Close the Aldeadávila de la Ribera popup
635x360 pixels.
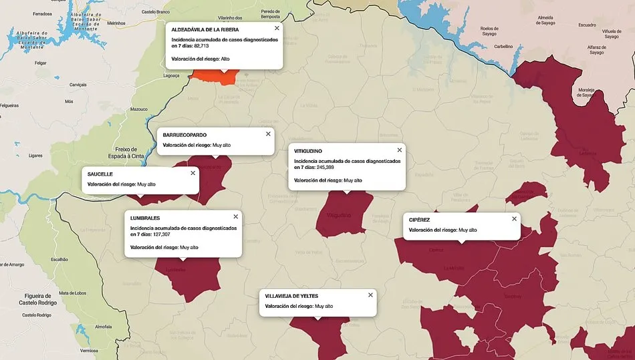(x=277, y=28)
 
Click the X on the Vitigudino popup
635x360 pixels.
(x=400, y=150)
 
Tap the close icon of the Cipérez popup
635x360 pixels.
(x=514, y=218)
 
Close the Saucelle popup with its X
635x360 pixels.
(x=193, y=172)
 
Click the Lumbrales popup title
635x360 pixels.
(x=145, y=218)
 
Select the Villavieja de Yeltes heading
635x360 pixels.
(x=291, y=295)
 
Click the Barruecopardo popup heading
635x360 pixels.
(x=184, y=135)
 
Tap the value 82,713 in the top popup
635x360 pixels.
(x=201, y=46)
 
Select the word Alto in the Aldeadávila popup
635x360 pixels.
(x=225, y=59)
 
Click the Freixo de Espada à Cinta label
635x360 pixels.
(x=126, y=152)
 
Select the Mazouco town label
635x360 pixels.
(x=139, y=109)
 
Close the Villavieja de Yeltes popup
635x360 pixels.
(x=370, y=295)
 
